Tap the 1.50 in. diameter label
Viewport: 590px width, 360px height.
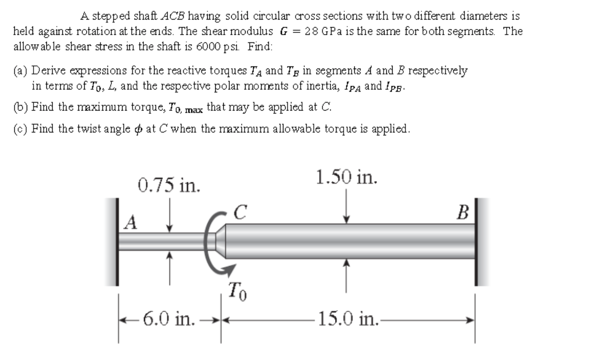[x=346, y=177]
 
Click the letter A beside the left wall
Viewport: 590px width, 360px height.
[x=130, y=221]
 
